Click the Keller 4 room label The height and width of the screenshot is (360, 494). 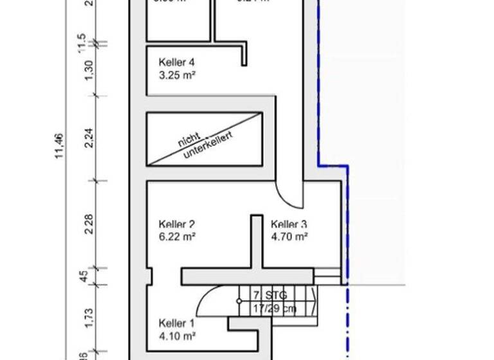[176, 62]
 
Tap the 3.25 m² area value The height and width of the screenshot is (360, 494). [177, 75]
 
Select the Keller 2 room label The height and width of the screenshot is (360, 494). [176, 224]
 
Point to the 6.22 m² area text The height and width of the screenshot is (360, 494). [177, 237]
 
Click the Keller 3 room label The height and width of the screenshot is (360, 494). [289, 224]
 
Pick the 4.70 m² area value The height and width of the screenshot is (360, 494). [289, 237]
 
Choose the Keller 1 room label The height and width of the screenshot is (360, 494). [176, 323]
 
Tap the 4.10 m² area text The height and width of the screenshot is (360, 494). [177, 335]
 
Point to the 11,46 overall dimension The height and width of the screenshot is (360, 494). [59, 145]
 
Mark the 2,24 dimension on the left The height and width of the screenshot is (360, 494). [89, 138]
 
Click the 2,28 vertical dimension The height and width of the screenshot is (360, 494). [89, 224]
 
